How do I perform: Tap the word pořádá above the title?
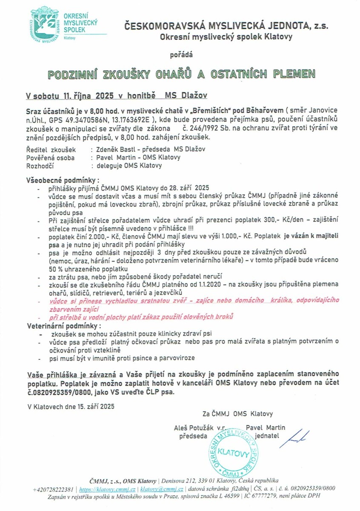(181, 55)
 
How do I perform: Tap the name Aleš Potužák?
(191, 428)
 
